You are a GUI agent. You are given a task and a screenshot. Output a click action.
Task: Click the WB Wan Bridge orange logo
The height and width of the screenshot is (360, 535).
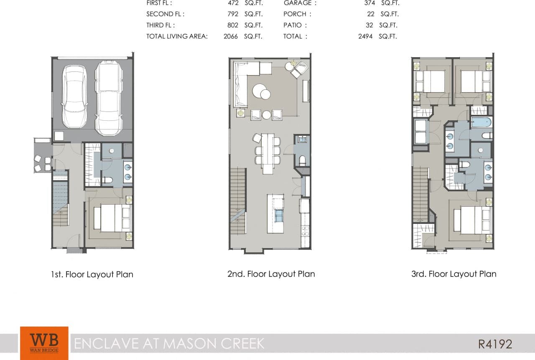tap(44, 343)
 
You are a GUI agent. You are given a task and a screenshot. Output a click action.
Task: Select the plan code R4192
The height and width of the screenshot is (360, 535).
tap(495, 344)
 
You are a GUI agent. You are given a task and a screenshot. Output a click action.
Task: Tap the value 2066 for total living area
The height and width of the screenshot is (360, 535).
tap(230, 36)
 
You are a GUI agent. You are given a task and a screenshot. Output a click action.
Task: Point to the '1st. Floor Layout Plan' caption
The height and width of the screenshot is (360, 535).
tap(92, 274)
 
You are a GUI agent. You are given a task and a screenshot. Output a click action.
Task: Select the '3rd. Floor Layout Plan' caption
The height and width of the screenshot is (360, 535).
tap(453, 274)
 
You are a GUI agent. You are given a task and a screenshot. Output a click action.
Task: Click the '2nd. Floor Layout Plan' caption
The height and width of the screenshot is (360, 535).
tap(271, 274)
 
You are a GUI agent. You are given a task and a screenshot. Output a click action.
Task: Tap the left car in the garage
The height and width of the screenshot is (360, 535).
tap(74, 96)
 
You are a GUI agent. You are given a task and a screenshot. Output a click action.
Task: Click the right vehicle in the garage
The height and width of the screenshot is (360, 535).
tap(109, 98)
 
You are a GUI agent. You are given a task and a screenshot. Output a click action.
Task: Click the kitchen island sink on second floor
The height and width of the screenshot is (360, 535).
tap(279, 215)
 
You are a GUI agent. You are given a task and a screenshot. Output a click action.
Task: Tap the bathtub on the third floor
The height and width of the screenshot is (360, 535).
tap(481, 122)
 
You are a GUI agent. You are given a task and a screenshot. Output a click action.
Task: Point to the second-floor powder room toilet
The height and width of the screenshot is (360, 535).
tap(303, 160)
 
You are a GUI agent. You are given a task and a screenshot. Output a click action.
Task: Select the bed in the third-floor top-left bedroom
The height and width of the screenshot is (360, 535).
tap(430, 81)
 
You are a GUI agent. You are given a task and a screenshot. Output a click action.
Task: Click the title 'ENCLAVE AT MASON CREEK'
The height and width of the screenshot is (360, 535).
tap(169, 343)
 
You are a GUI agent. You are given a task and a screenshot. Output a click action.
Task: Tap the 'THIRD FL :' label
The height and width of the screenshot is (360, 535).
tap(160, 25)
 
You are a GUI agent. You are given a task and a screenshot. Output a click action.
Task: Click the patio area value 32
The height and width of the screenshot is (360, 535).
tap(369, 25)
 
